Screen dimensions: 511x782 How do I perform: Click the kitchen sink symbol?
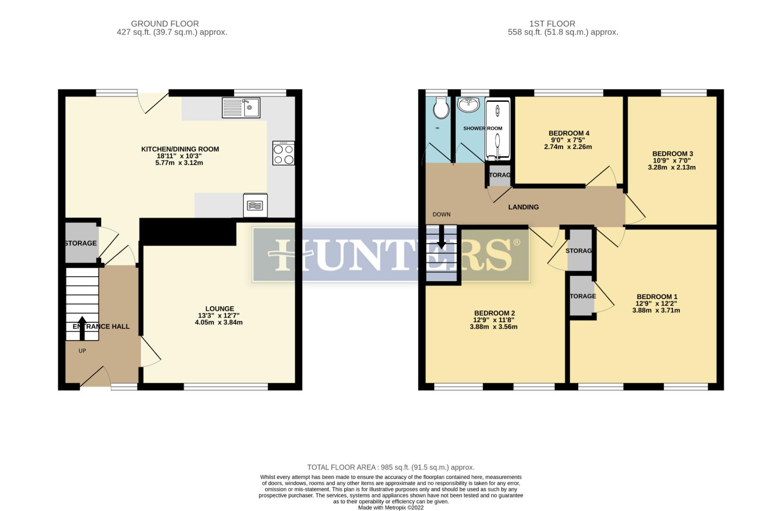pos(241,107)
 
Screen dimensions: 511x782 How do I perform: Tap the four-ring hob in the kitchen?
pos(283,153)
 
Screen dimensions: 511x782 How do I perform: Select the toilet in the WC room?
pos(441,109)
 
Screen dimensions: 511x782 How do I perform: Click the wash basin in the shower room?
pos(470,105)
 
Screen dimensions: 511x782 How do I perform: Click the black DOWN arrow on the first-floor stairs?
pos(442,237)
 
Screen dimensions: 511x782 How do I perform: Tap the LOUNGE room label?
pos(219,308)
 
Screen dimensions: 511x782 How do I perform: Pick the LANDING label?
pos(523,207)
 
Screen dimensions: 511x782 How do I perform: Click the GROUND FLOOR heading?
pos(165,24)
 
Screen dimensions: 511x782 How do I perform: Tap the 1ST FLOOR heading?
pos(552,24)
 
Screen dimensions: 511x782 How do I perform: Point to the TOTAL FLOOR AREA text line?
pos(391,467)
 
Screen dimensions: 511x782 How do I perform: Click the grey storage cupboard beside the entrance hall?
pos(81,243)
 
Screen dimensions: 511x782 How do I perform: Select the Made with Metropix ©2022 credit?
pos(391,507)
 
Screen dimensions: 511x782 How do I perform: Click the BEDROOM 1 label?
pos(657,297)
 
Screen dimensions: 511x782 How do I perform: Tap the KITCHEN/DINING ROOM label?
pos(180,149)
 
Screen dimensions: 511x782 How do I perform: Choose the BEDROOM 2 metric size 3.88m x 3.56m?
pos(494,326)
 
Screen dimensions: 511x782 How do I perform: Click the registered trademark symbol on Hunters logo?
pos(516,242)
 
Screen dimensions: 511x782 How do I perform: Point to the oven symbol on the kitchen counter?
pos(255,205)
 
